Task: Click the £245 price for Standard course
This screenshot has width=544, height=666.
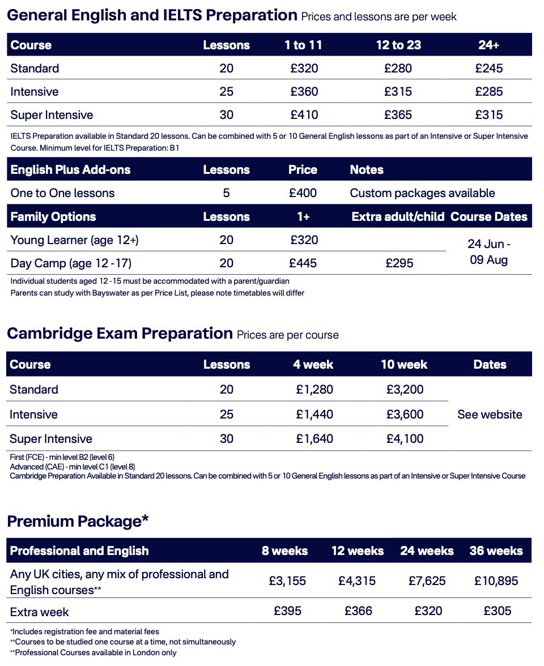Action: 488,69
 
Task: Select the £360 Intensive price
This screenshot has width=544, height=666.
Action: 304,92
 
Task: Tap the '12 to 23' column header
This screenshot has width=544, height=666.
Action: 398,45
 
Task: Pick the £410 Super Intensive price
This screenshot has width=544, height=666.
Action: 304,115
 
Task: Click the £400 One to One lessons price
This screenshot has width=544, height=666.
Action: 303,193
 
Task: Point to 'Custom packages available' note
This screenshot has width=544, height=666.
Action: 422,193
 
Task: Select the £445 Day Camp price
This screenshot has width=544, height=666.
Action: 303,263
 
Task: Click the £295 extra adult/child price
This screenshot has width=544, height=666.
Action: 399,263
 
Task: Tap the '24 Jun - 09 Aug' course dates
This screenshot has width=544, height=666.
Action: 488,252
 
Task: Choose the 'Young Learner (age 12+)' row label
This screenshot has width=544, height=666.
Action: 75,240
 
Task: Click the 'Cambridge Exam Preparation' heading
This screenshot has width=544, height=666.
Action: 120,334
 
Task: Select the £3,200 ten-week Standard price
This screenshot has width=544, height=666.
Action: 405,390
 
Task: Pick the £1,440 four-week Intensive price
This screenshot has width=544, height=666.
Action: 314,415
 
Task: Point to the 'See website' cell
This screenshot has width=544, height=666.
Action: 490,415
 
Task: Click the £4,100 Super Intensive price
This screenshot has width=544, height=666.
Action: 405,439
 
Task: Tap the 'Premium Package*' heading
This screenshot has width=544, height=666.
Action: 78,521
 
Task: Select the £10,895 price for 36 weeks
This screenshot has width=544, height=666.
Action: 496,581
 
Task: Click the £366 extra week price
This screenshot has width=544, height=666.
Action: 358,611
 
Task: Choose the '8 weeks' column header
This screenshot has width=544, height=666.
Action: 284,551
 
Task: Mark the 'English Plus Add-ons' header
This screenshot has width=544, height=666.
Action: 70,170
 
